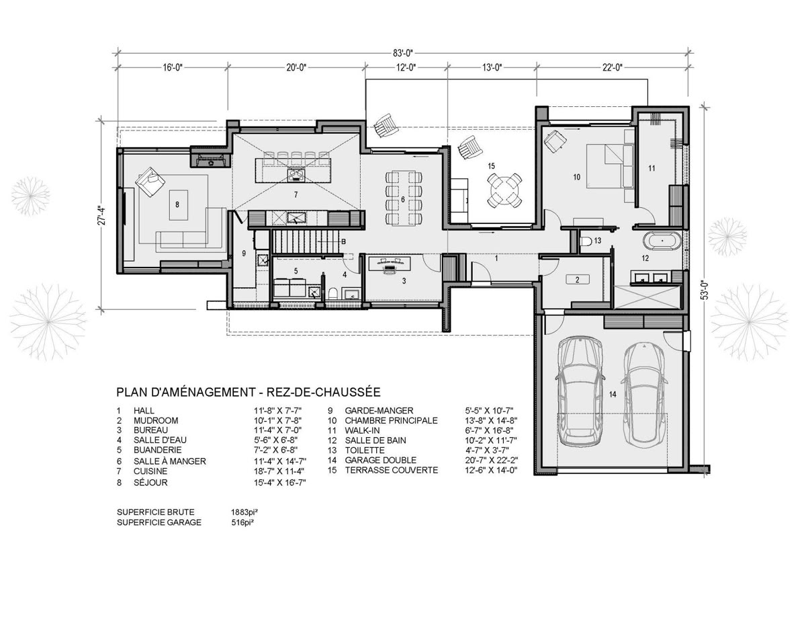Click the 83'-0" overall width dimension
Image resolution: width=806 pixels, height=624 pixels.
coord(403,53)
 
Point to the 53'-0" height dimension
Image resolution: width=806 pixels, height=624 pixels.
coord(705,290)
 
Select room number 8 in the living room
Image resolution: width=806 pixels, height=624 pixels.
coord(177,204)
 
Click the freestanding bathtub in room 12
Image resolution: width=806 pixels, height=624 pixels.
coord(662,241)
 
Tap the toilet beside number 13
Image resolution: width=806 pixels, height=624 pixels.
coord(586,241)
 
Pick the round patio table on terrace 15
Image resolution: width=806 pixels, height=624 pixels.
coord(504,190)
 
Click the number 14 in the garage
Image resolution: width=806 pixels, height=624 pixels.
coord(613,394)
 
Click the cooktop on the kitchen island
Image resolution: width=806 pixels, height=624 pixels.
coord(296,174)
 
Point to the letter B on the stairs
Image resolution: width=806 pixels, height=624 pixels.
coord(343,241)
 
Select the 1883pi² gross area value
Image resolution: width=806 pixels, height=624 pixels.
coord(244,512)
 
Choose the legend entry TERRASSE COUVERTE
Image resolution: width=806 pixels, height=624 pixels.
coord(392,470)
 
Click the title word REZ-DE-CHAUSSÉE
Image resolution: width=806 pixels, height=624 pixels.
coord(324,392)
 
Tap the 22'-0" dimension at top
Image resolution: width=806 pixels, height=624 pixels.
coord(612,67)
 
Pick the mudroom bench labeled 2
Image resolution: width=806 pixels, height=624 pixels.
coord(577,280)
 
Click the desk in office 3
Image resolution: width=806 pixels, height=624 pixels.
coord(389,264)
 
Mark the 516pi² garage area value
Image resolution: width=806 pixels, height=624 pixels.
coord(242,522)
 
